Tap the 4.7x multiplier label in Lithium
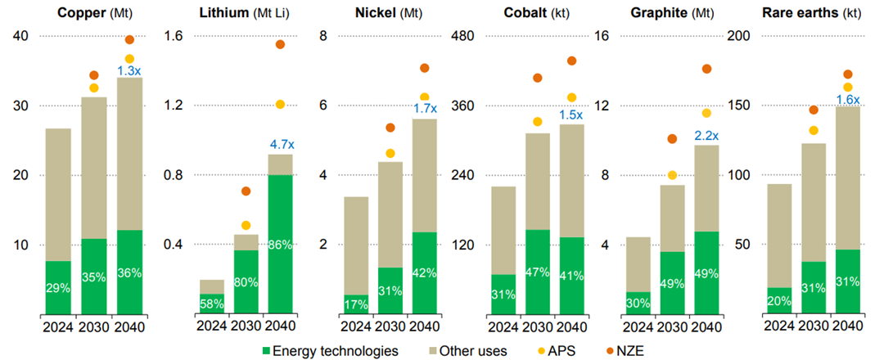(281, 144)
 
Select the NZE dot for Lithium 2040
(280, 44)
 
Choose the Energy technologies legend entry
(329, 350)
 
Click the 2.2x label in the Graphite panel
(706, 135)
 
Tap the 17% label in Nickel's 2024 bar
(355, 304)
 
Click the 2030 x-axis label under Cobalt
(538, 331)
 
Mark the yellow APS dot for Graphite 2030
(673, 175)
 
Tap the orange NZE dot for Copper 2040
(129, 40)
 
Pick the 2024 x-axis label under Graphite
(638, 331)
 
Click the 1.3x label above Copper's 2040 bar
(129, 71)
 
